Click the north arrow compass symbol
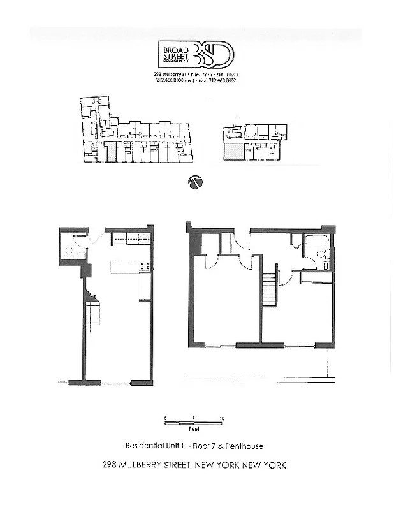[196, 182]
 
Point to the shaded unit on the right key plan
[233, 151]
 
